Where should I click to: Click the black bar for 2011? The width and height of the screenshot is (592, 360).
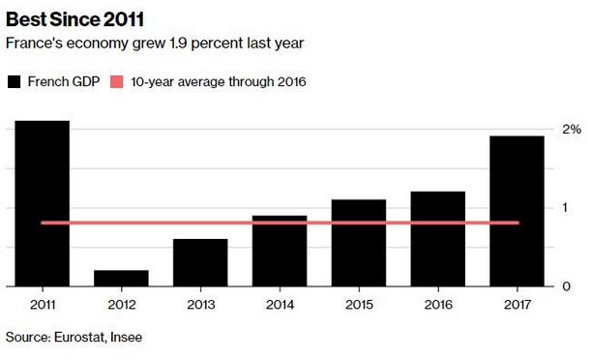43,203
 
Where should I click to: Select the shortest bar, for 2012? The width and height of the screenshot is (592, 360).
121,279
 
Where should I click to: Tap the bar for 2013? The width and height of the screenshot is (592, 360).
200,262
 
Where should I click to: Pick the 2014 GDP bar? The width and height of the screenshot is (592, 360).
280,251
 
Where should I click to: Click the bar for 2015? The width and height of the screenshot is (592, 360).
359,243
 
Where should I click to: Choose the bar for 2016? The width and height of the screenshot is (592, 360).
438,239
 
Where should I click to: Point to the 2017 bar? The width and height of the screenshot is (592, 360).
517,211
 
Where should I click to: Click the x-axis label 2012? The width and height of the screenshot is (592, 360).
122,305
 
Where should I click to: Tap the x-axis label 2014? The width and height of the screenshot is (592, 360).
280,305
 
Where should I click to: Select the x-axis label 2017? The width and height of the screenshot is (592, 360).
518,305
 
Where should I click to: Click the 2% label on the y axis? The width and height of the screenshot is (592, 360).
572,130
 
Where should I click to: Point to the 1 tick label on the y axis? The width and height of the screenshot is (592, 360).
565,207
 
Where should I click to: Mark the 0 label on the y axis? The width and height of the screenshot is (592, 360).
566,286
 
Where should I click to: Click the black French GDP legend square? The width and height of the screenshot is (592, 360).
14,81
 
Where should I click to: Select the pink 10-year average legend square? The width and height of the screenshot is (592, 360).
117,81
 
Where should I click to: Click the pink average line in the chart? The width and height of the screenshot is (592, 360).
281,223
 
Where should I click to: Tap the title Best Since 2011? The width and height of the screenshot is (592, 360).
74,19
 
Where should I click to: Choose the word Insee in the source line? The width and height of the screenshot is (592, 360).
126,337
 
